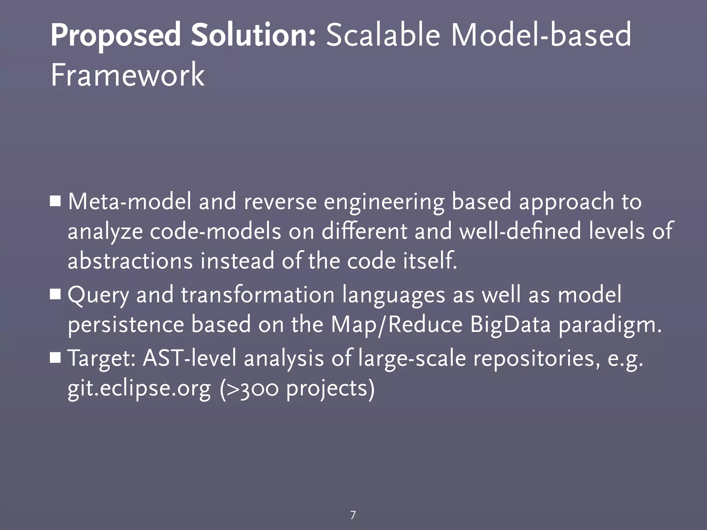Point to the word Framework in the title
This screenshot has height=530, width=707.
pyautogui.click(x=128, y=75)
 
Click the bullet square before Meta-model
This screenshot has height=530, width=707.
pyautogui.click(x=55, y=201)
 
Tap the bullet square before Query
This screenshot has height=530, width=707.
pyautogui.click(x=55, y=295)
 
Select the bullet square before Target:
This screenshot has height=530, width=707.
pyautogui.click(x=55, y=358)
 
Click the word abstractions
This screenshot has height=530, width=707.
pyautogui.click(x=130, y=261)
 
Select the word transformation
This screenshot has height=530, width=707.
pyautogui.click(x=258, y=295)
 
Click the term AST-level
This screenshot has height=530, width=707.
pyautogui.click(x=190, y=358)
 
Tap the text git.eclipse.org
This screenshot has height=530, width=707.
pyautogui.click(x=139, y=389)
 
